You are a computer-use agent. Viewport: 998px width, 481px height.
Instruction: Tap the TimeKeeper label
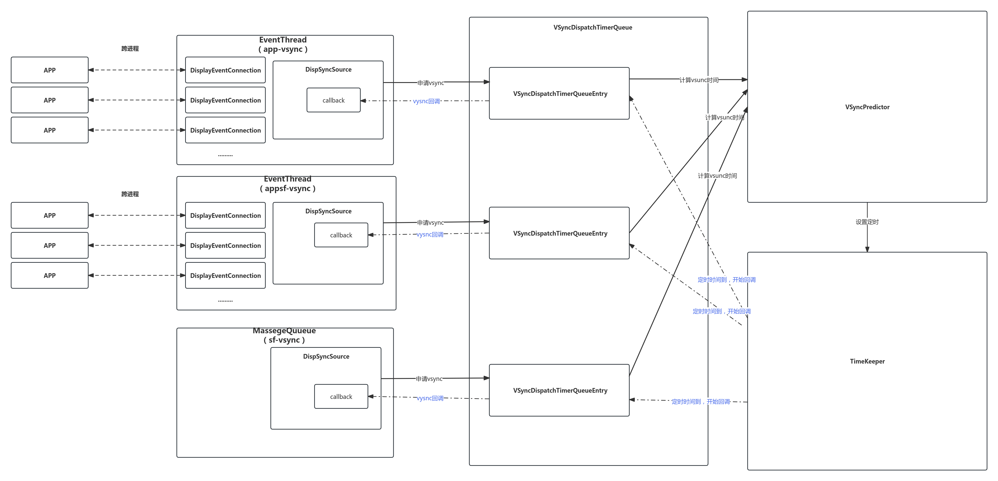[867, 361]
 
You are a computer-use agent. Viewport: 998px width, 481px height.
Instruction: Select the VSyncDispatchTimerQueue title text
[592, 27]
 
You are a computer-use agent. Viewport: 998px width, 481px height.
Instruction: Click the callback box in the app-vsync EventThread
[333, 100]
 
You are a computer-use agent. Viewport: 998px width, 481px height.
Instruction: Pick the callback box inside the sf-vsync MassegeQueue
[341, 397]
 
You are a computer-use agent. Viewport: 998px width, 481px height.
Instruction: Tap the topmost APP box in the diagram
[50, 70]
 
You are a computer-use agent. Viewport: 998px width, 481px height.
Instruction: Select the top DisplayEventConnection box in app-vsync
[225, 70]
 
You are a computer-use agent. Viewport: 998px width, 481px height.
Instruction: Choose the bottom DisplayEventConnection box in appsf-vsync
[225, 275]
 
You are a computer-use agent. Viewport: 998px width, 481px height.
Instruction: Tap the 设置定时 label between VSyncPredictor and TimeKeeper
[867, 222]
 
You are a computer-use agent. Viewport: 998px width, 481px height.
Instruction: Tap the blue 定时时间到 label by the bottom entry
[701, 402]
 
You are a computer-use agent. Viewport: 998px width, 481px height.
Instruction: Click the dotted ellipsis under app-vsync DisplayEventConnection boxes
[225, 155]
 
